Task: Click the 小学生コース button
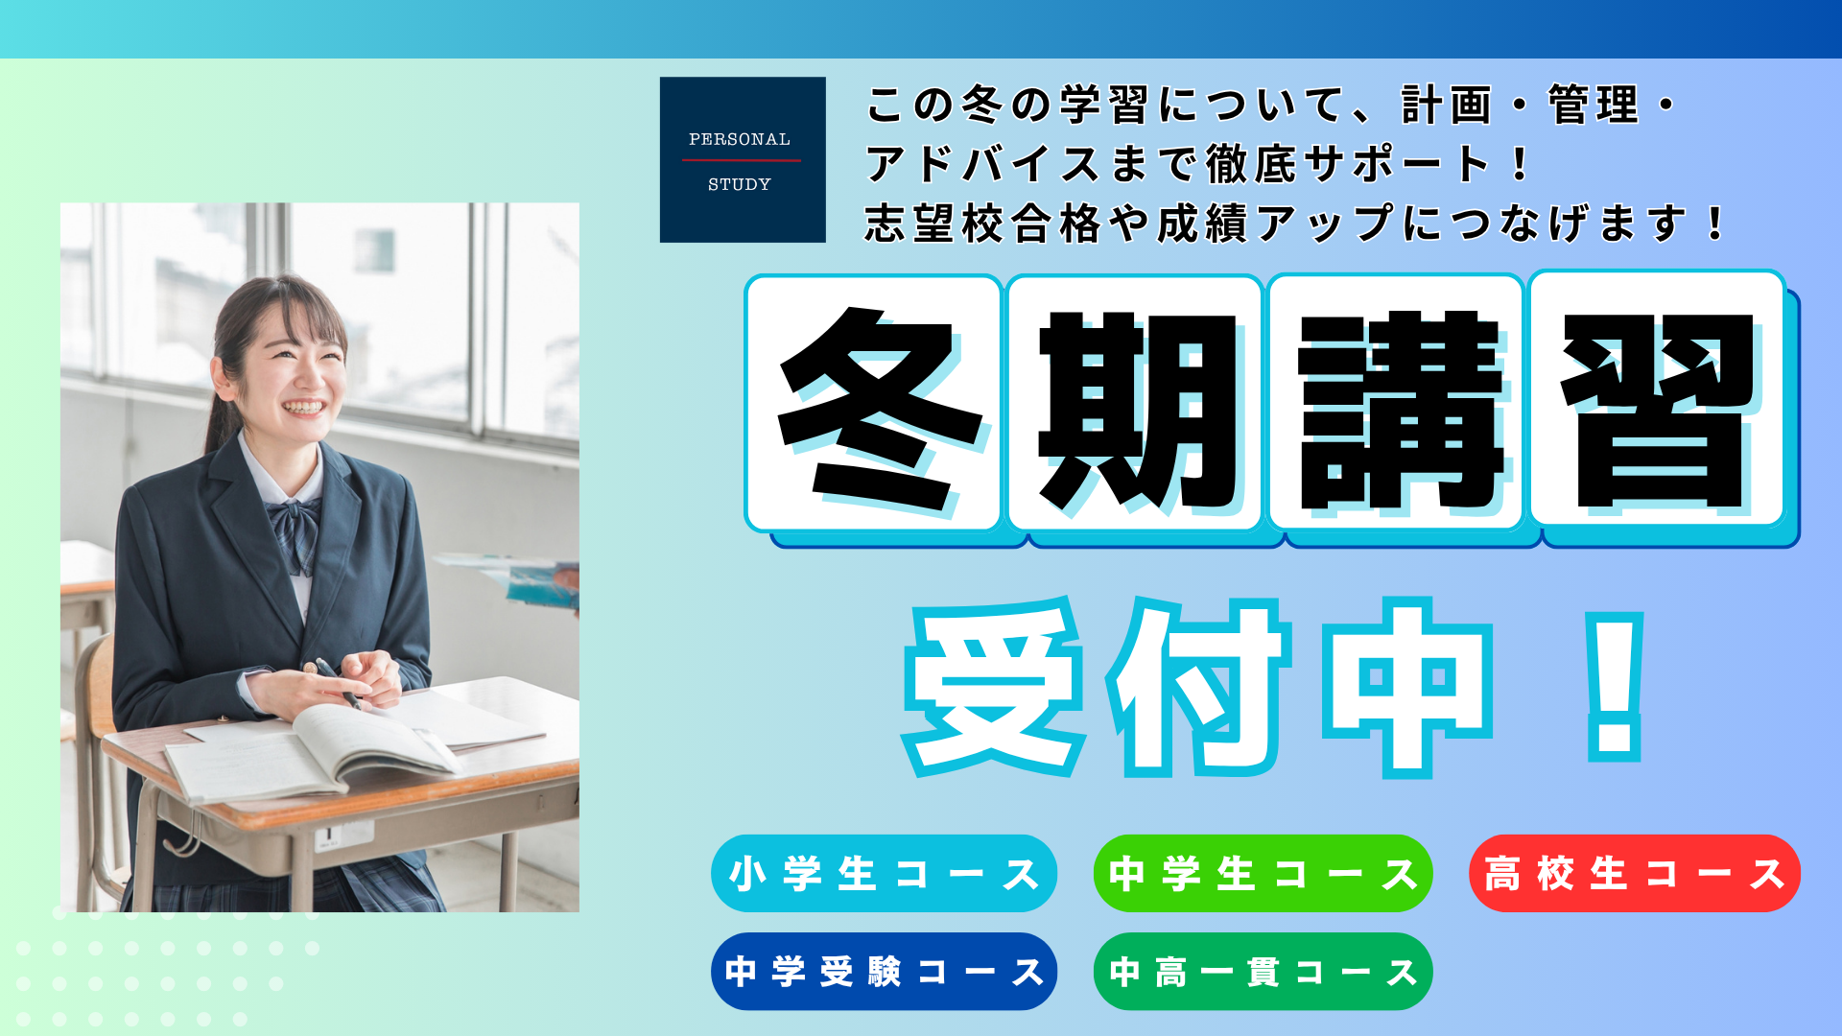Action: pos(884,873)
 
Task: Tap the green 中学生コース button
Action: pos(1263,873)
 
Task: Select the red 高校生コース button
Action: pos(1635,873)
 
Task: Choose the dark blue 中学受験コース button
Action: pos(884,971)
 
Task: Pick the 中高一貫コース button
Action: pos(1263,971)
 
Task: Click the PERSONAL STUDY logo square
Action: pos(743,159)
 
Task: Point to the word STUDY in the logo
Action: pos(739,184)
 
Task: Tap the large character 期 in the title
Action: pos(1139,411)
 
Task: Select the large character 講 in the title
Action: pos(1400,411)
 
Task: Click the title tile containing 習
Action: pos(1658,401)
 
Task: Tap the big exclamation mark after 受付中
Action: pos(1616,687)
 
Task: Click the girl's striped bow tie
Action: pos(295,533)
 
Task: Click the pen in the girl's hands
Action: pos(338,683)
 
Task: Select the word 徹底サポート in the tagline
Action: pos(1349,164)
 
